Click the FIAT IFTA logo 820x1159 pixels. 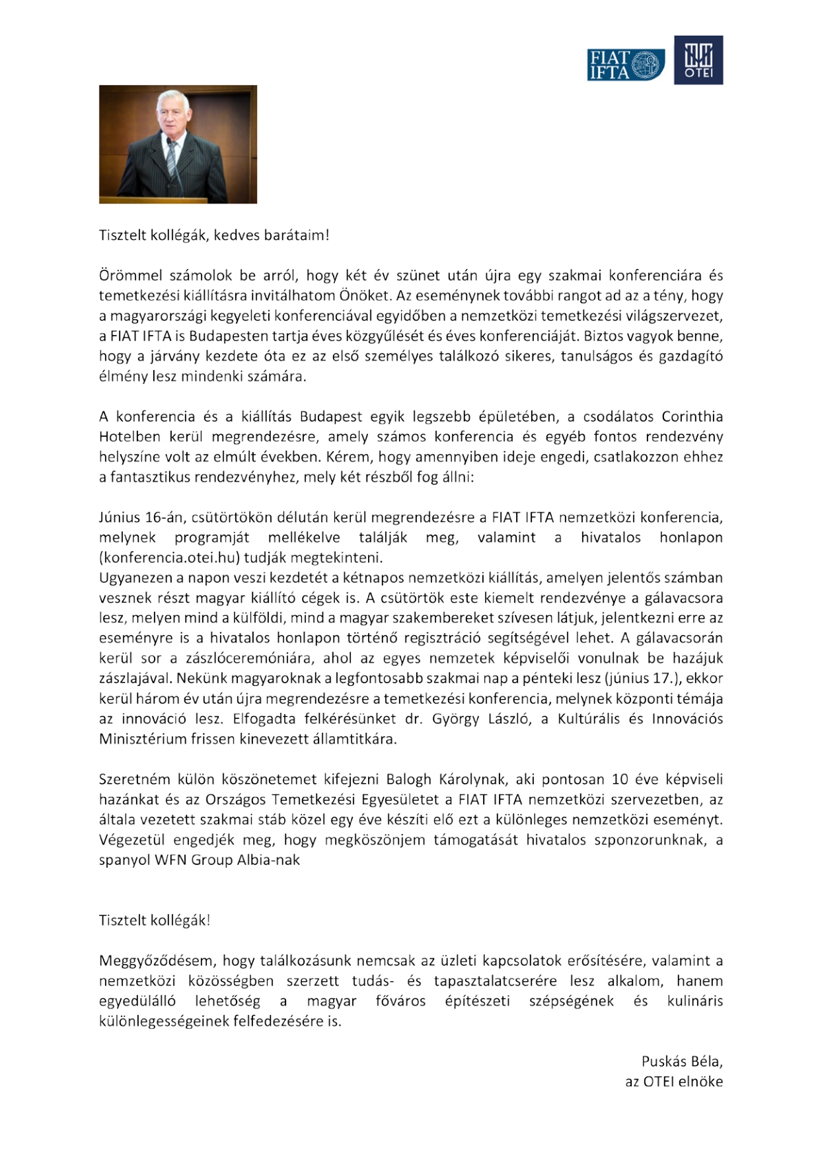point(625,65)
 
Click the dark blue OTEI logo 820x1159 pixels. point(698,60)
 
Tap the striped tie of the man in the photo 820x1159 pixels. point(172,159)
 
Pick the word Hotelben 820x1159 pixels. point(130,437)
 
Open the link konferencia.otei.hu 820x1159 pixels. point(168,558)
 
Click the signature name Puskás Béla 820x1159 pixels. point(681,1062)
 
